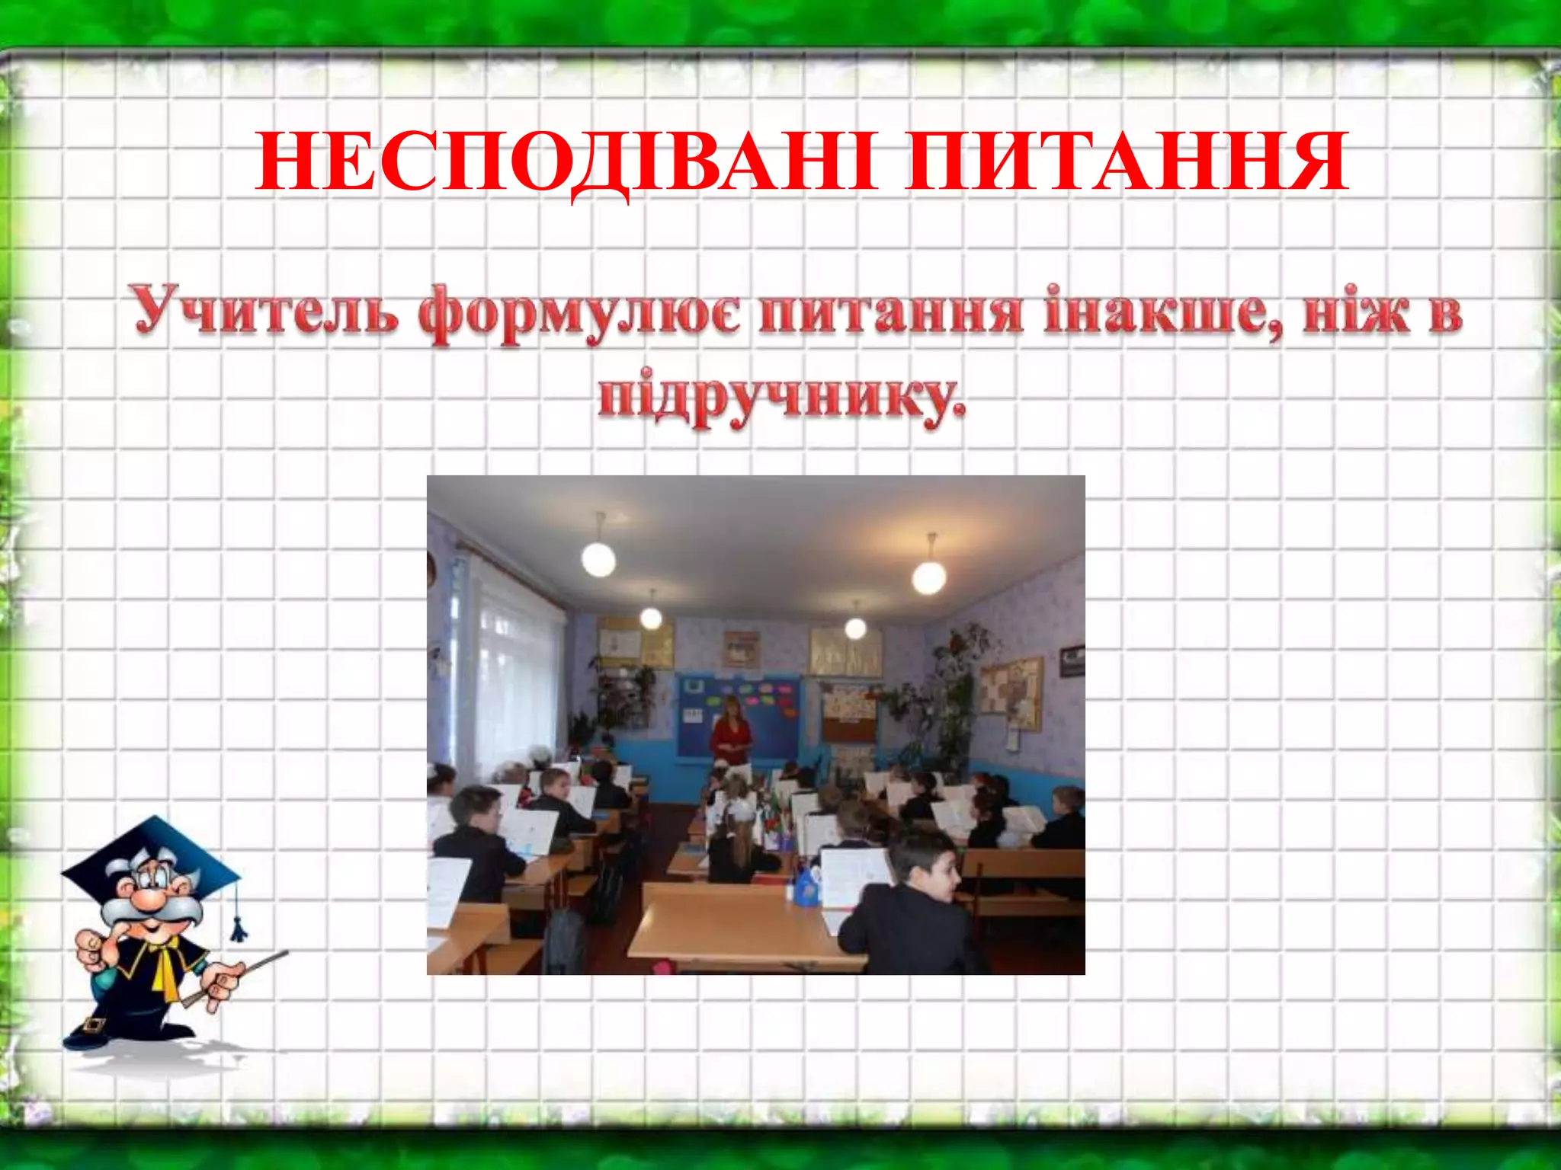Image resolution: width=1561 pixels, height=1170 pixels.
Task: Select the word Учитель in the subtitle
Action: pos(264,312)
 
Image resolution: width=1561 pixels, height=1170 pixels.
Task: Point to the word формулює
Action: pos(579,314)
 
